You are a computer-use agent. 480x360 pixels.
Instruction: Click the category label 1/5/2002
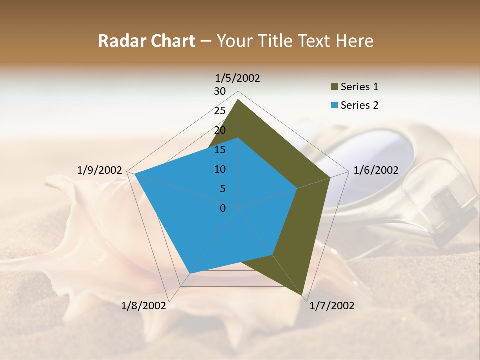click(x=237, y=78)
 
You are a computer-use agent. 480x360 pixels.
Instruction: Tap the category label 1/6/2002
click(x=376, y=170)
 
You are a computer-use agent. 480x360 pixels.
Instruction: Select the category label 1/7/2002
click(x=332, y=306)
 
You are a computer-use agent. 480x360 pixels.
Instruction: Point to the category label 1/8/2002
click(x=143, y=306)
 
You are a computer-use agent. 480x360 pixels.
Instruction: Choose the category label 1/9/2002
click(x=99, y=170)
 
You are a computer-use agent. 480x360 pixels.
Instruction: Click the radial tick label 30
click(x=220, y=91)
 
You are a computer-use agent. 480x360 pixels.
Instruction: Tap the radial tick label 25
click(x=220, y=111)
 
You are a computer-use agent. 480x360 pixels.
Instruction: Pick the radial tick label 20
click(x=220, y=130)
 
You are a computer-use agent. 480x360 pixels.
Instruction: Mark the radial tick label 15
click(x=220, y=150)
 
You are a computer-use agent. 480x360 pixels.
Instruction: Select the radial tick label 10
click(x=220, y=169)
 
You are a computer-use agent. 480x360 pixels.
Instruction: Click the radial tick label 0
click(x=223, y=208)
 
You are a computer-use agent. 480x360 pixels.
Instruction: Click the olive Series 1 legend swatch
click(x=334, y=87)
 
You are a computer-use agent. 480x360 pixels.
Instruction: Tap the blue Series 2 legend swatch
click(x=334, y=105)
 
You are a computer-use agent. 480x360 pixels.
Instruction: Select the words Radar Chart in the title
click(x=146, y=41)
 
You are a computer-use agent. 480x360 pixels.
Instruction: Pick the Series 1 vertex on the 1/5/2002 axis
click(x=238, y=100)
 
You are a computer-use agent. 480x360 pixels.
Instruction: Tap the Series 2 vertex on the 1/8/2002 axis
click(x=190, y=273)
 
